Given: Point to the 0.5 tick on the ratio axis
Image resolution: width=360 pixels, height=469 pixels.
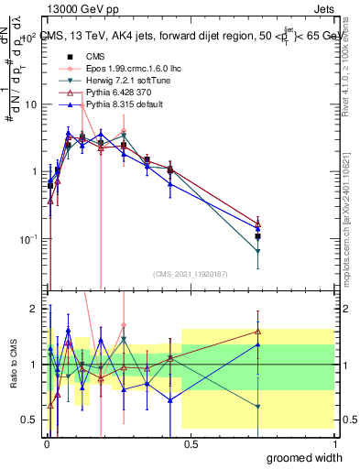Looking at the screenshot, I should (27, 420).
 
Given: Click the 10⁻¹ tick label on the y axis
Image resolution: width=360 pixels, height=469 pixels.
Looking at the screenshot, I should (26, 239).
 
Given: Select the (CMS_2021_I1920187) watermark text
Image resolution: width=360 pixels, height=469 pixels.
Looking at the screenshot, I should (189, 273).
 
